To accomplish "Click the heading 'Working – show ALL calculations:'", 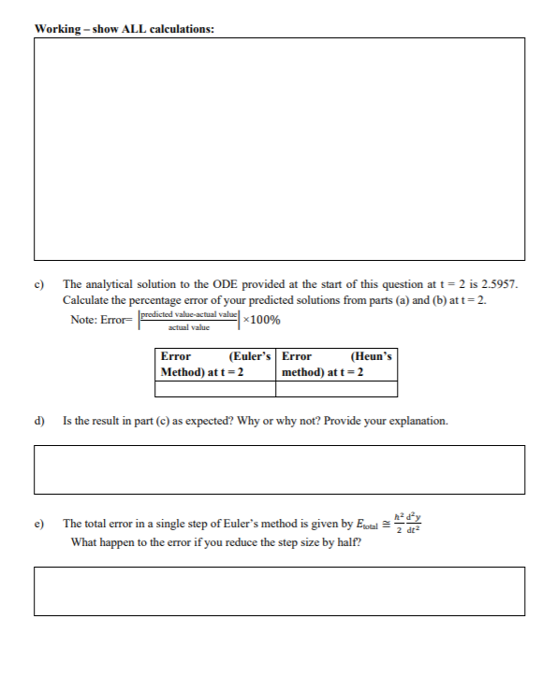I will [x=124, y=28].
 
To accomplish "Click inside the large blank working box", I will [x=279, y=149].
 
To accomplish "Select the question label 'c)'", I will [x=41, y=283].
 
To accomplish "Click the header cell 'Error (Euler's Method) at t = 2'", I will [x=216, y=364].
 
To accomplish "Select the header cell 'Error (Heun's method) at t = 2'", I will [x=337, y=364].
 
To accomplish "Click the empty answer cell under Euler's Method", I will [x=216, y=389].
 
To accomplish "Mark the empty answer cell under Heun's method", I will [x=337, y=389].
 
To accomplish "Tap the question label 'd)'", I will [x=41, y=421].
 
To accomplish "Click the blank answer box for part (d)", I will [x=279, y=469].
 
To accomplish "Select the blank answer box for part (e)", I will [x=279, y=591].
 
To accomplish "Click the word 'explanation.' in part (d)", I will [x=419, y=421].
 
